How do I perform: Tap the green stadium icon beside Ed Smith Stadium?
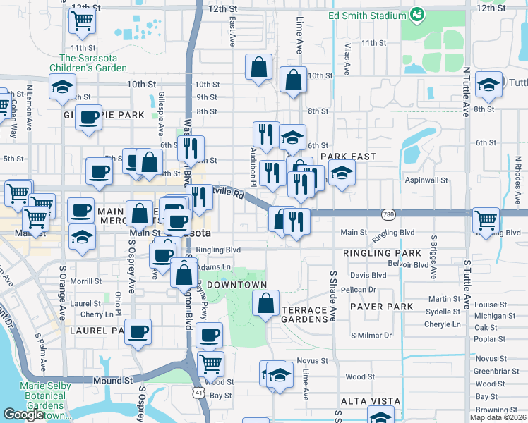[417, 13]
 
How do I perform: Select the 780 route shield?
[388, 214]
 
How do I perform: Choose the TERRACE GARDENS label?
[305, 314]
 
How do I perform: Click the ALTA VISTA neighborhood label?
[366, 400]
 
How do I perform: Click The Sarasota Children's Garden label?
[92, 63]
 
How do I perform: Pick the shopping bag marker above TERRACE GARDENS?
[265, 304]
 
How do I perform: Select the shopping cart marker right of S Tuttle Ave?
[486, 220]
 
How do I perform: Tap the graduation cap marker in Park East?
[341, 173]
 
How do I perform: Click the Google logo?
[23, 415]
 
